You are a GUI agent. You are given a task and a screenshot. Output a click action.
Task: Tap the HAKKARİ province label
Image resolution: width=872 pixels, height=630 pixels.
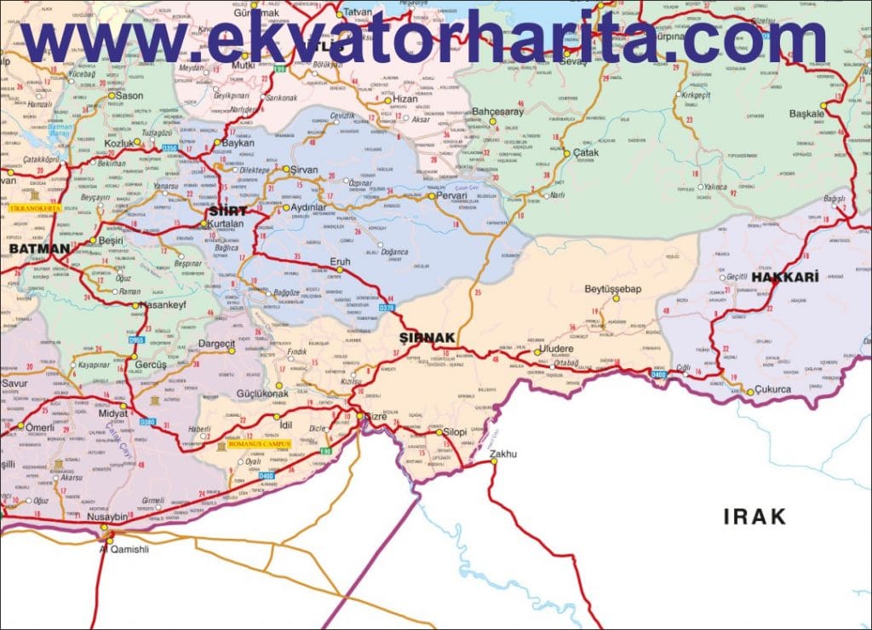click(x=785, y=278)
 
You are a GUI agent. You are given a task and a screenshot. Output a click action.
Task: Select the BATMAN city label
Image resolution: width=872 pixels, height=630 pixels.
click(x=39, y=249)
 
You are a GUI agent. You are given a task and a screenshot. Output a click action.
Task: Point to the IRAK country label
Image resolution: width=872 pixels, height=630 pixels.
click(x=754, y=516)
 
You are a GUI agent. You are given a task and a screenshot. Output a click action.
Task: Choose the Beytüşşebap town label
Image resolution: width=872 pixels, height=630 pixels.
click(x=613, y=289)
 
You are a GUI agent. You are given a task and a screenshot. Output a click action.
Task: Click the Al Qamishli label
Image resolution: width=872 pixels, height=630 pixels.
click(x=124, y=549)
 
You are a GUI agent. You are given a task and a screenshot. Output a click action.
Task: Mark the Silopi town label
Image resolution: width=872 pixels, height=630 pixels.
click(x=456, y=432)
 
